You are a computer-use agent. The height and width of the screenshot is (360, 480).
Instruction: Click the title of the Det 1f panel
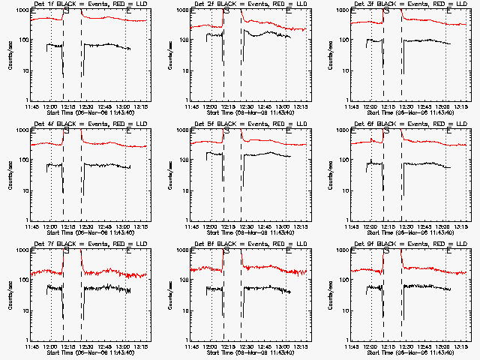pos(83,5)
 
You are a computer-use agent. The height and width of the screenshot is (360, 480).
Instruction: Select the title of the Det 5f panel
pos(244,124)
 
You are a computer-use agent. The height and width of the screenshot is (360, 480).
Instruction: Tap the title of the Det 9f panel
pos(404,244)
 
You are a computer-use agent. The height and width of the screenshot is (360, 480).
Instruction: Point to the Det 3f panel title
pos(404,5)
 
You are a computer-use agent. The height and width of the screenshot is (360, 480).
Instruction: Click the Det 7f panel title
pos(83,244)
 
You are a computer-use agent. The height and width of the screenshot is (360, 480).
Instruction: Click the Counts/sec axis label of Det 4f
pos(10,174)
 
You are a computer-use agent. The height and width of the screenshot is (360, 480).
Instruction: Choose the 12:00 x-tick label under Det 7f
pos(50,346)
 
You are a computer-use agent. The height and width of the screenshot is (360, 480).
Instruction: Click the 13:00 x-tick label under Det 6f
pos(445,226)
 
